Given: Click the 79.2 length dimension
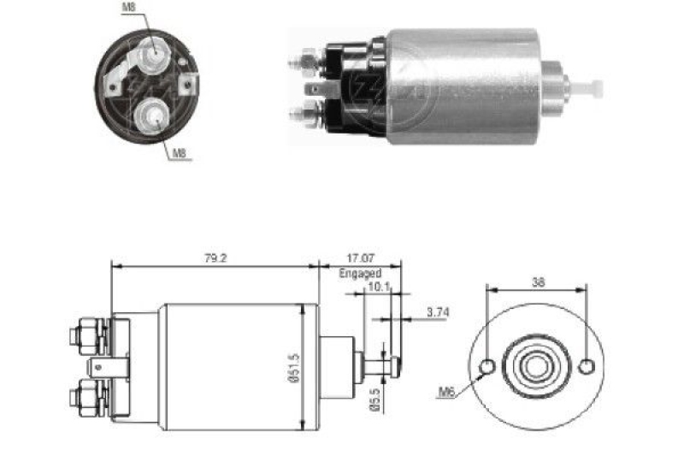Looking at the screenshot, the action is click(215, 258).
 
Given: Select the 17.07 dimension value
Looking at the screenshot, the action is click(360, 258).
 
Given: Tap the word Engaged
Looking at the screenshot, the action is click(360, 274).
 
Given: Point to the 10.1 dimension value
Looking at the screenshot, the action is click(379, 287).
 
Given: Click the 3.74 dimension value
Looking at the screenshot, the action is click(438, 312).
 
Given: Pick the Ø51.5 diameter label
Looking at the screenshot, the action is click(294, 367).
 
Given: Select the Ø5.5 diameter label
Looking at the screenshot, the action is click(375, 400).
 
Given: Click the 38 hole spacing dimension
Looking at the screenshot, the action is click(538, 282).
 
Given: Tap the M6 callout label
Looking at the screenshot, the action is click(446, 393).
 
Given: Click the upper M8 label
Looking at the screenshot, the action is click(129, 8).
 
